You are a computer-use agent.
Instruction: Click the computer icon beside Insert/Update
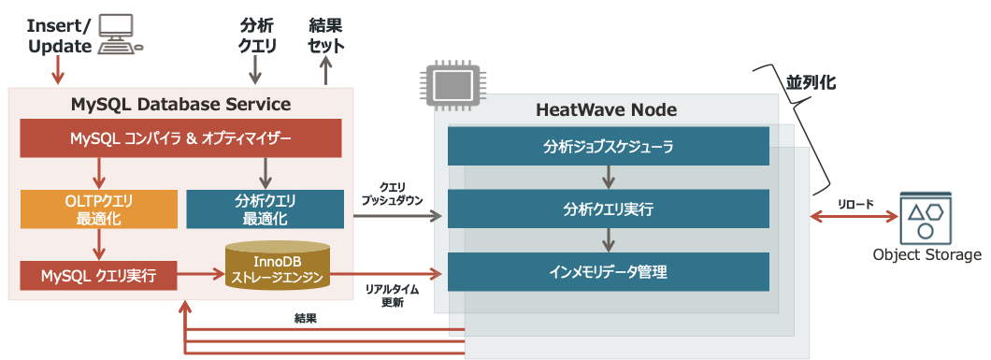click(x=120, y=31)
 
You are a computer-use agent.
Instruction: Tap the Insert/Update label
click(x=59, y=33)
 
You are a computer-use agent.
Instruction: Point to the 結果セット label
click(x=326, y=33)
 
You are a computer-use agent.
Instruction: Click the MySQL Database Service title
click(x=180, y=104)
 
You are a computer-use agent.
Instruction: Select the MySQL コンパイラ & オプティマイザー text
click(x=180, y=138)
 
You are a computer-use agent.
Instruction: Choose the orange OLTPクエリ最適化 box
click(x=99, y=209)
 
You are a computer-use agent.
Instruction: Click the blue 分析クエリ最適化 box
click(x=265, y=209)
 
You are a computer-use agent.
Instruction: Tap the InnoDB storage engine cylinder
click(x=277, y=265)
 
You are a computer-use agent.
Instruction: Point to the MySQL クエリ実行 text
click(x=98, y=277)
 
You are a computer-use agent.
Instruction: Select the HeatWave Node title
click(x=606, y=110)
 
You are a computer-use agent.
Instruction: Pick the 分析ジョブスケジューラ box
click(x=608, y=147)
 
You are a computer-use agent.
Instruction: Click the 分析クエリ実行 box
click(x=608, y=209)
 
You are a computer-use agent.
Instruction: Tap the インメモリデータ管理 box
click(x=608, y=271)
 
